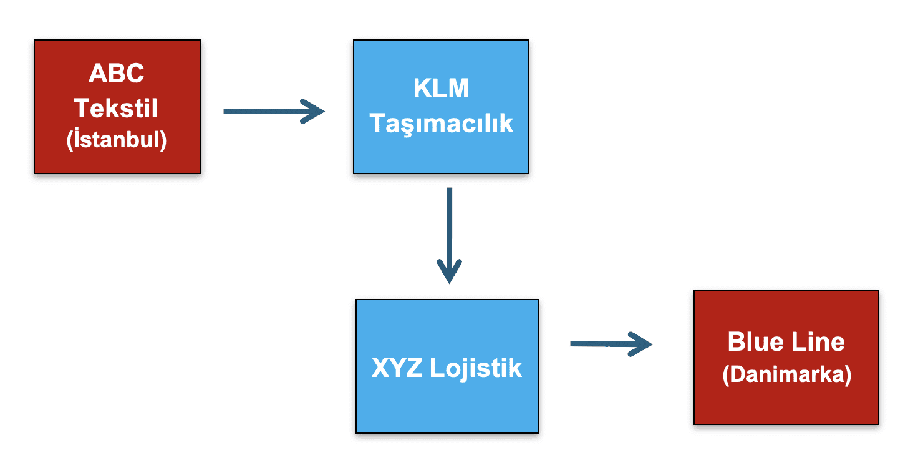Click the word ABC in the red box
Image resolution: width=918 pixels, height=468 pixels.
117,74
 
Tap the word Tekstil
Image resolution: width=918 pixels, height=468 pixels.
117,108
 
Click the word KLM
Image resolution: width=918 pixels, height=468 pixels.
441,89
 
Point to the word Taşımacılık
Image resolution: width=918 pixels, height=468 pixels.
441,123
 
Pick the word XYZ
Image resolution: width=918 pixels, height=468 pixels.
397,368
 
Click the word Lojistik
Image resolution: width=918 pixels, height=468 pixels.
476,368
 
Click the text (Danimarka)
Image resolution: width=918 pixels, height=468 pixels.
786,375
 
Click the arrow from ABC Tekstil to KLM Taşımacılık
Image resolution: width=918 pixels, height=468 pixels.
268,112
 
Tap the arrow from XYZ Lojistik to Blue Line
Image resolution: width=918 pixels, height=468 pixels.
605,343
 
